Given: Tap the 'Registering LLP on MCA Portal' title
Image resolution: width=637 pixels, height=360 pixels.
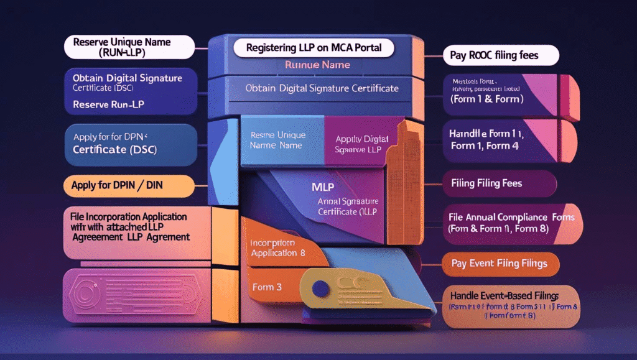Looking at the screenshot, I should pos(314,48).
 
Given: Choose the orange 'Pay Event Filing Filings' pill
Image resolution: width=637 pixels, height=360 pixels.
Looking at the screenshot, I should pos(499,264).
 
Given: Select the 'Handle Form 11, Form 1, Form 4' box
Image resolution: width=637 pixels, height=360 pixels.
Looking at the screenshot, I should pos(491,140).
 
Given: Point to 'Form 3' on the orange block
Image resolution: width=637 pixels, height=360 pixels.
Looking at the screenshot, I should pos(267,287).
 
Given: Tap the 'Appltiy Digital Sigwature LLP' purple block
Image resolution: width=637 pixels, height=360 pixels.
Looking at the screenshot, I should pos(361,144).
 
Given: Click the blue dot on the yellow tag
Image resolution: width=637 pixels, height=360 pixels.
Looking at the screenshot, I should pos(321,287).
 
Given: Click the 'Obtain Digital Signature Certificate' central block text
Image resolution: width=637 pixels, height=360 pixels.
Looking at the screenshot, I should pos(322,89).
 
